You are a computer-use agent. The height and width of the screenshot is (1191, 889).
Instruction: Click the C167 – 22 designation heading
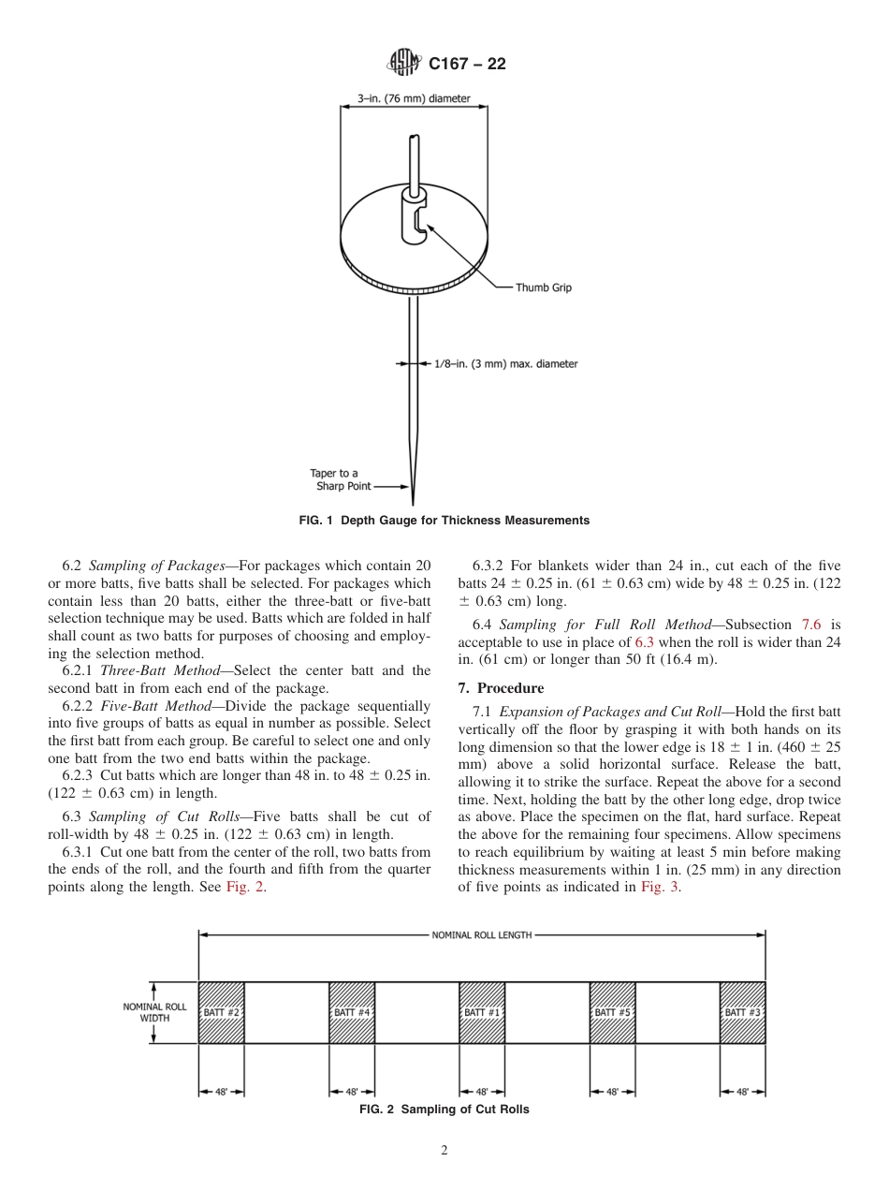(466, 65)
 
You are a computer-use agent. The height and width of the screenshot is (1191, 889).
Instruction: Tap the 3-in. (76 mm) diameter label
(414, 97)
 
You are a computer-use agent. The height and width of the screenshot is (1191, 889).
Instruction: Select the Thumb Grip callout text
(543, 287)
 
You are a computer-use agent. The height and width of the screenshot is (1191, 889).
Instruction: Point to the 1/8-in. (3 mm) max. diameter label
(505, 363)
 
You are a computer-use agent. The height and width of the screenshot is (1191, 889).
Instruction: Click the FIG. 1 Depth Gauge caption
(444, 520)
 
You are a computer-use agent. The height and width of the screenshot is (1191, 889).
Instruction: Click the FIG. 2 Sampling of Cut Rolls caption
(444, 1110)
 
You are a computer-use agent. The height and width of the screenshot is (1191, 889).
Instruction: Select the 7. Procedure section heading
(501, 688)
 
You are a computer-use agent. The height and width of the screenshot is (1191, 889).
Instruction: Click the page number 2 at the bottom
(444, 1152)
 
